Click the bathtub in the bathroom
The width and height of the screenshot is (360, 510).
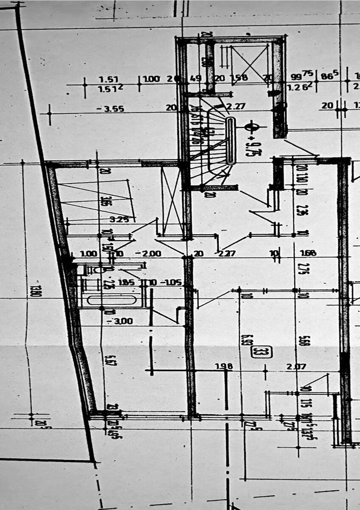111,300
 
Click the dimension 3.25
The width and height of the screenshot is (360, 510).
119,219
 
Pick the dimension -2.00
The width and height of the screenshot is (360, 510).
148,253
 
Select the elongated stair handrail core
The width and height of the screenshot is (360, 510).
230,140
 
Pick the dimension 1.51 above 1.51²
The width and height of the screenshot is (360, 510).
108,79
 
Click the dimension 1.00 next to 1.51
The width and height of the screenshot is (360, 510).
151,79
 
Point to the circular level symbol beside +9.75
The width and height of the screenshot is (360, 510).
252,127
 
